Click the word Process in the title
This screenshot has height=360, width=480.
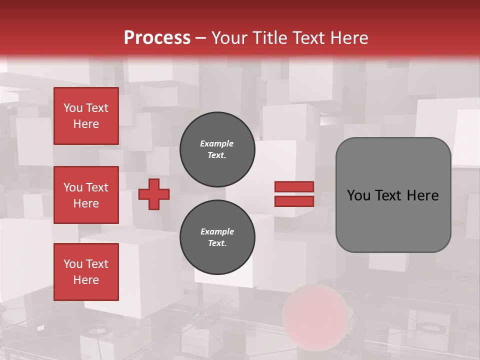tap(157, 38)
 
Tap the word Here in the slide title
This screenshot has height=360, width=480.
tap(349, 38)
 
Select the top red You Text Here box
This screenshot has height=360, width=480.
tap(86, 116)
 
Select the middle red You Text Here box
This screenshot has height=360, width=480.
tap(86, 195)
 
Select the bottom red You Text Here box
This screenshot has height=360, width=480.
tap(86, 271)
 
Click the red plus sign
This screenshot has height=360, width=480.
tap(154, 194)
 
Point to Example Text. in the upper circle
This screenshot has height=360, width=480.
tap(217, 149)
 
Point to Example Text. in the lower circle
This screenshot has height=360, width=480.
tap(217, 237)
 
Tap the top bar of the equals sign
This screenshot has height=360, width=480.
tap(294, 186)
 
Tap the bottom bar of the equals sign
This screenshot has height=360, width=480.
tap(294, 201)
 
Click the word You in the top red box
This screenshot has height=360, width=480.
tap(73, 108)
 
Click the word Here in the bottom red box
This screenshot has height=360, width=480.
tap(86, 280)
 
